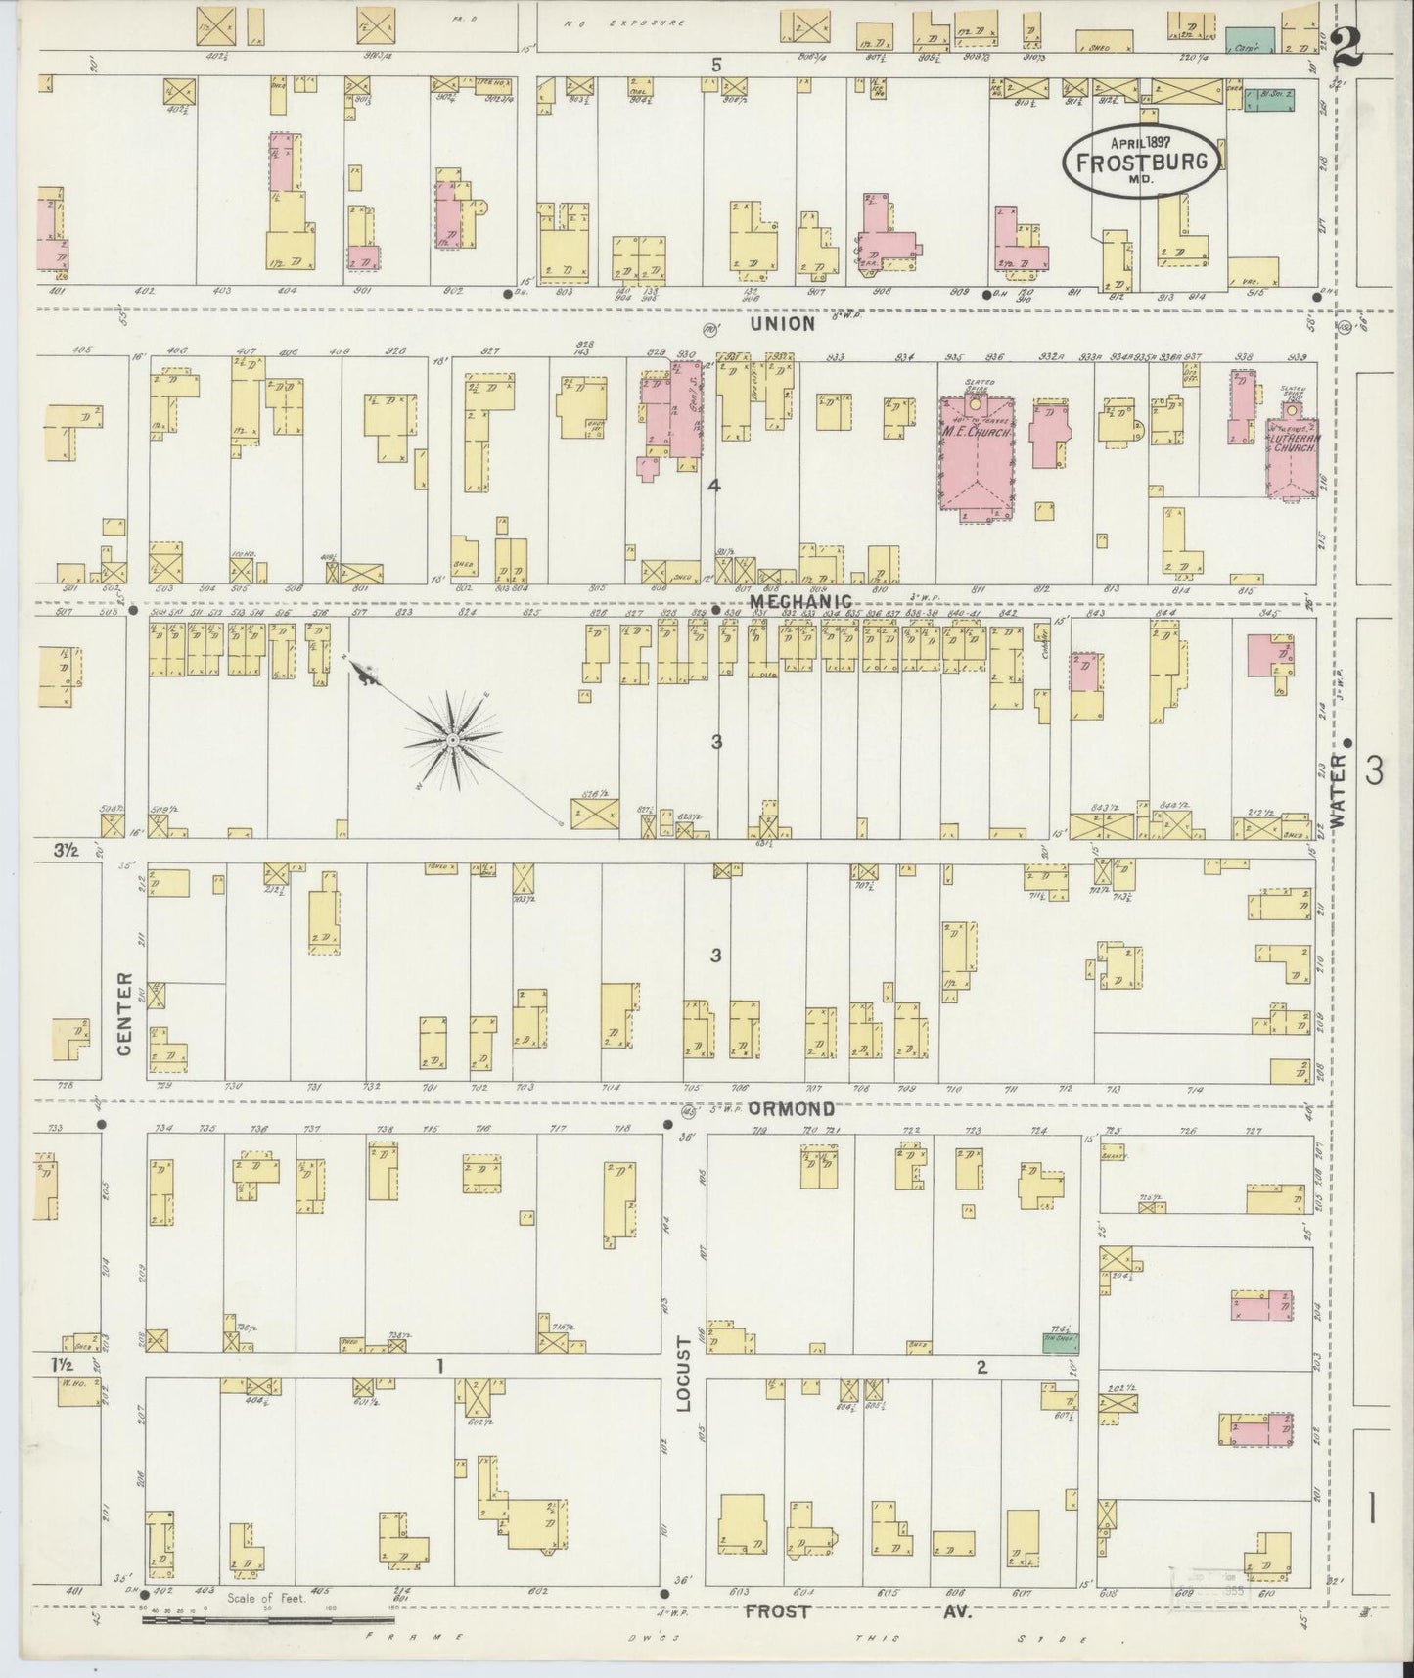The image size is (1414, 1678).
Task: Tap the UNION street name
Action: tap(783, 323)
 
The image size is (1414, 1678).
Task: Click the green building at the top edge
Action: tap(1250, 40)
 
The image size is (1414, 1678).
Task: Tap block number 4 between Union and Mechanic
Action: tap(714, 485)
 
